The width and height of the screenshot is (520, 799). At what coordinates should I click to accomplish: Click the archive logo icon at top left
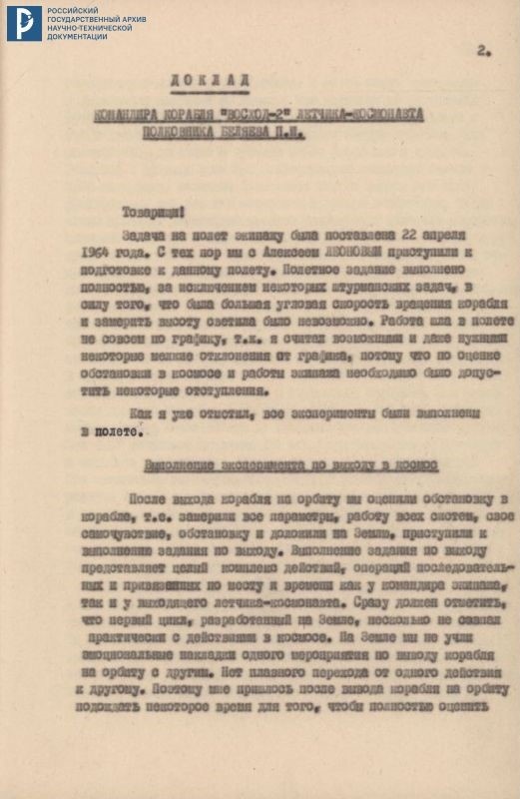click(x=24, y=23)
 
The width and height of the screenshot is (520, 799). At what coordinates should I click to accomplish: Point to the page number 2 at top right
click(x=482, y=50)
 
